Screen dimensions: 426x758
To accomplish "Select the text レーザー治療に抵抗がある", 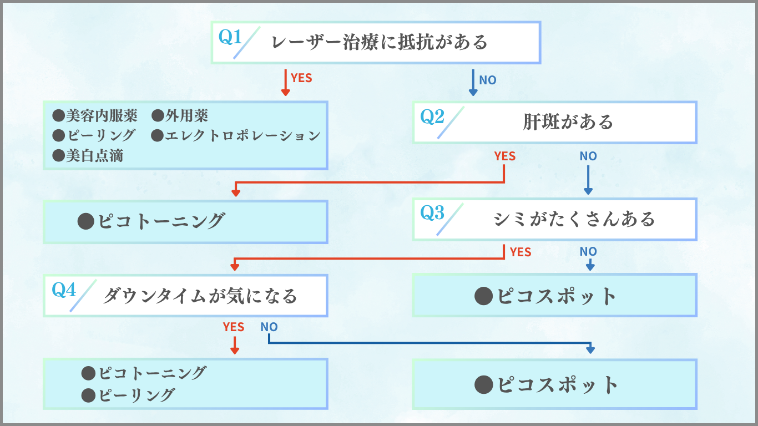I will [x=380, y=42].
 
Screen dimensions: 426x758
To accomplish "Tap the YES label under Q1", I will [x=301, y=78].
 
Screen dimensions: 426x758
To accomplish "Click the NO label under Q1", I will [x=487, y=80].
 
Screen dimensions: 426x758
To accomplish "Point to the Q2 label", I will [x=433, y=116].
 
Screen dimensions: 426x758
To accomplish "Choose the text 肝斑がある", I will [x=568, y=122].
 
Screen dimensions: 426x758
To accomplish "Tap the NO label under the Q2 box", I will [x=588, y=156].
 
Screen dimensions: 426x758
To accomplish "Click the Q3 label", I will [x=433, y=213].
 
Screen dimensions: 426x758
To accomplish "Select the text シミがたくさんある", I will [x=574, y=219].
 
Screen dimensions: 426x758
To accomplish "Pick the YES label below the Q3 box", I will [x=520, y=252].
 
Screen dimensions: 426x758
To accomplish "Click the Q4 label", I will [x=64, y=290].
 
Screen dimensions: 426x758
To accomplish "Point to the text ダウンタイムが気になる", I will [x=200, y=296].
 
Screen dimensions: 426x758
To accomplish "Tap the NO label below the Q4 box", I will [x=269, y=327].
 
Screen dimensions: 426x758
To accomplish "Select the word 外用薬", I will [x=187, y=115].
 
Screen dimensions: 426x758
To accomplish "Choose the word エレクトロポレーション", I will [x=242, y=135].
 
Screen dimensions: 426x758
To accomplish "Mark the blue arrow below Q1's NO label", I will [x=473, y=83].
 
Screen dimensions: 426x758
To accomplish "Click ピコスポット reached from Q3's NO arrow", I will [x=556, y=296].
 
